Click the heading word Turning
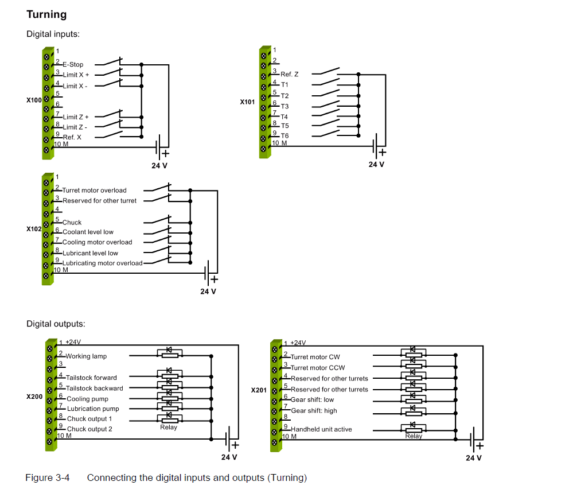pos(46,14)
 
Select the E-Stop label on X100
pos(73,65)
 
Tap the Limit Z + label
pos(76,117)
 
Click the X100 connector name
pos(34,100)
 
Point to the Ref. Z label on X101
pos(289,75)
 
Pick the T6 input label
pos(285,136)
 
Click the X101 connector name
pos(248,102)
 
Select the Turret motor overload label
pos(95,191)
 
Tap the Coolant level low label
pos(88,232)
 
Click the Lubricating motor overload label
pos(103,263)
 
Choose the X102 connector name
pos(34,228)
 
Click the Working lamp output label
pos(86,356)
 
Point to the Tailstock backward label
pos(95,388)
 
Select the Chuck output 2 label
pos(89,429)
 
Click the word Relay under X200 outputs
pos(169,427)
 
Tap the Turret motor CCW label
pos(318,368)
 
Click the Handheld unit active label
pos(321,429)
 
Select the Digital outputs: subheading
pos(56,324)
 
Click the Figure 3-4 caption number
pos(48,477)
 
